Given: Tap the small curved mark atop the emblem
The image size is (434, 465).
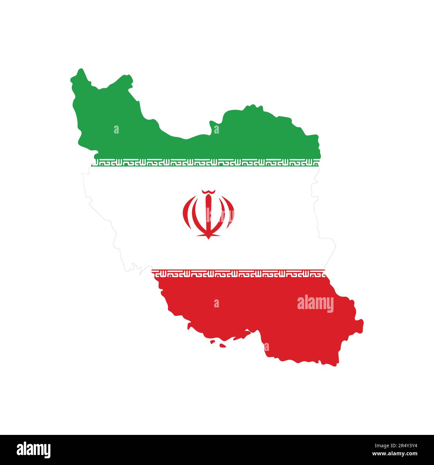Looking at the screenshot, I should click(208, 191).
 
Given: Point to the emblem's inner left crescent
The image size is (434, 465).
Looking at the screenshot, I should click(197, 214).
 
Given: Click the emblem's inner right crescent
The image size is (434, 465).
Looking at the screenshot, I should click(220, 214).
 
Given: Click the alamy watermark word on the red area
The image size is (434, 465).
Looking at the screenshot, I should click(315, 304).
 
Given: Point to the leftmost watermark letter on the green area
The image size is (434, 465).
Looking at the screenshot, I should click(116, 129).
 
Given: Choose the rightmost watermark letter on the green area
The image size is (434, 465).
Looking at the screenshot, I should click(217, 129).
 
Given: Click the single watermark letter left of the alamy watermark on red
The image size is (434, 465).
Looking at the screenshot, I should click(217, 303).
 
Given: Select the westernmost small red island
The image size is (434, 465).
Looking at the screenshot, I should click(212, 342).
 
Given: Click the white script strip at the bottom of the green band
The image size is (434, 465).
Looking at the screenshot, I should click(205, 163).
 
